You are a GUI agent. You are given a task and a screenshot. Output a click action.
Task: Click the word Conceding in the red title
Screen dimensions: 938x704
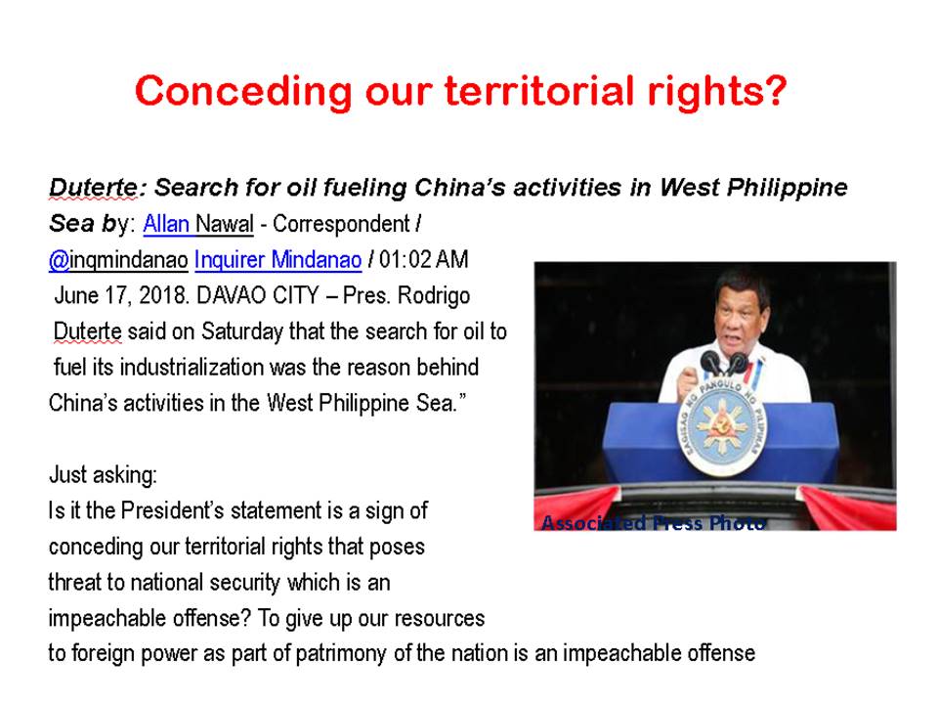click(x=243, y=92)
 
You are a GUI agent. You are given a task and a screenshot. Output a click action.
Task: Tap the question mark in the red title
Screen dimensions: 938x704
click(x=775, y=90)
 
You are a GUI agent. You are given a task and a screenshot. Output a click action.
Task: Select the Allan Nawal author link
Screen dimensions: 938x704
click(x=198, y=224)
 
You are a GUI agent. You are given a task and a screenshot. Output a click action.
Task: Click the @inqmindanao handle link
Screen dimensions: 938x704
click(x=118, y=260)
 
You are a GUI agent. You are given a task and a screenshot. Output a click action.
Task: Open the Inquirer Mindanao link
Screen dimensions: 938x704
click(x=278, y=260)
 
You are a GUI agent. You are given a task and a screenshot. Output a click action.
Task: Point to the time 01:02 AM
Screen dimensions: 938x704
click(x=424, y=260)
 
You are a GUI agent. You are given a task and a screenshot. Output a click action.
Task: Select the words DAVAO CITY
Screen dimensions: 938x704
click(x=258, y=295)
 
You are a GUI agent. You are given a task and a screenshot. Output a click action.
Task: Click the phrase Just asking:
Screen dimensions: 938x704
click(x=103, y=475)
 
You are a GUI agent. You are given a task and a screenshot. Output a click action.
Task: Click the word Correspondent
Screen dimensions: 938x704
click(x=341, y=224)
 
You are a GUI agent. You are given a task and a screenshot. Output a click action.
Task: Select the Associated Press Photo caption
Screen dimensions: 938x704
click(x=654, y=522)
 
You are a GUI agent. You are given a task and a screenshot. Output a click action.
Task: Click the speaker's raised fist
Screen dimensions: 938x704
click(x=688, y=383)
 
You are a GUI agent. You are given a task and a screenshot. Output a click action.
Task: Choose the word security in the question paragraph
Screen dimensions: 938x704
click(x=245, y=583)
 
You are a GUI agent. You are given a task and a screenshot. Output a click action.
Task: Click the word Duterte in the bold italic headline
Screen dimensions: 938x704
click(x=94, y=188)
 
